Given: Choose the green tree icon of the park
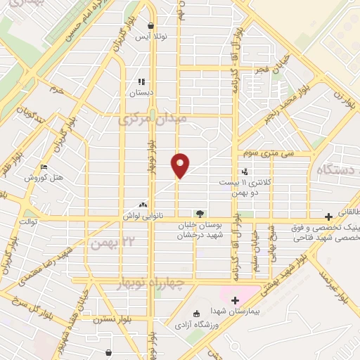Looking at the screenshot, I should tap(200, 213).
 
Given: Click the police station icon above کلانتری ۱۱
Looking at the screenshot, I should tap(245, 171).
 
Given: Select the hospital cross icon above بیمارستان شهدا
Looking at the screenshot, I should tap(235, 300).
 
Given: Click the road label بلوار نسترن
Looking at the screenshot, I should tap(113, 318).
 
